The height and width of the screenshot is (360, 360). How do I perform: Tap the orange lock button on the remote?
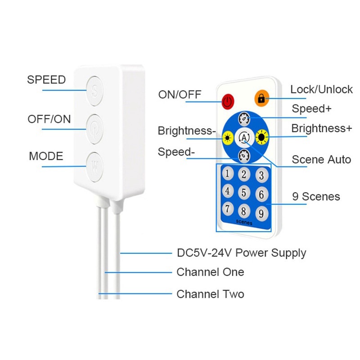pos(261,98)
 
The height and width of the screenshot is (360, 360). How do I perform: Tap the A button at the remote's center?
pos(243,136)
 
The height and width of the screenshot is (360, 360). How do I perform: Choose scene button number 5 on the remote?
pos(243,193)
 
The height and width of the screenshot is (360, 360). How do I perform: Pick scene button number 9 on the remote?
pos(260,212)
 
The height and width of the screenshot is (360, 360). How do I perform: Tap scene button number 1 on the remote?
pos(228,173)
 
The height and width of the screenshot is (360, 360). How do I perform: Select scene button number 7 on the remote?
pos(228,208)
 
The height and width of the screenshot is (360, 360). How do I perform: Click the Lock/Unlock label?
pos(321,90)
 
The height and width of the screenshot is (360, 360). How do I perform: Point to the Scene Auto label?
pos(321,160)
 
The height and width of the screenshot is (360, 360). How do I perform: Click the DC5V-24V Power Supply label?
pos(241,253)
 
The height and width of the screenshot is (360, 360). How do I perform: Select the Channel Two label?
pos(210,294)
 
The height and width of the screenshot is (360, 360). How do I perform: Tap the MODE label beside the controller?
pos(46,157)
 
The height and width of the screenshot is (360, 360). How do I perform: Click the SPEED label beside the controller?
pos(46,80)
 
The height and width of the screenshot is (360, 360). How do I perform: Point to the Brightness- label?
pos(187,131)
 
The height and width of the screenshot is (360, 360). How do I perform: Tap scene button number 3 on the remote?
pos(260,175)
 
